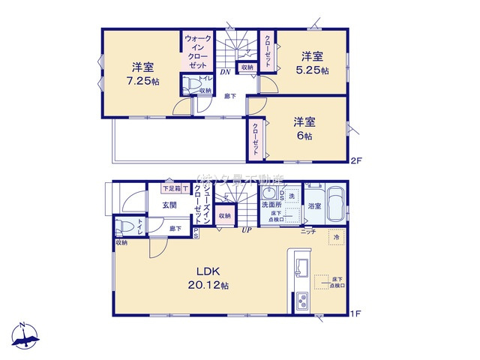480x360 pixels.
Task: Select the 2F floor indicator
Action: (x=357, y=160)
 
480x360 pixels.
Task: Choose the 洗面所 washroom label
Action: (x=271, y=204)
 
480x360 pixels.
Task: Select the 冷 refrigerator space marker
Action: (x=336, y=237)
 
